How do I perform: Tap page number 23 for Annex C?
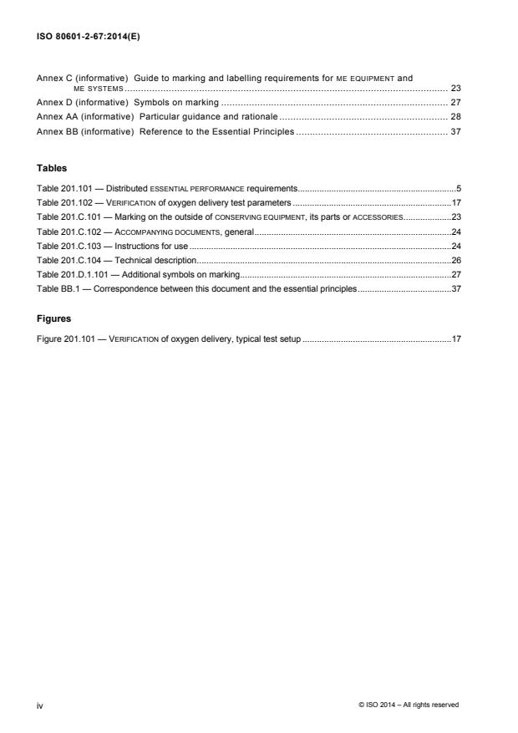[456, 88]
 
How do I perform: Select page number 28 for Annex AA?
[456, 118]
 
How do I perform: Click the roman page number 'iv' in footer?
[40, 705]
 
